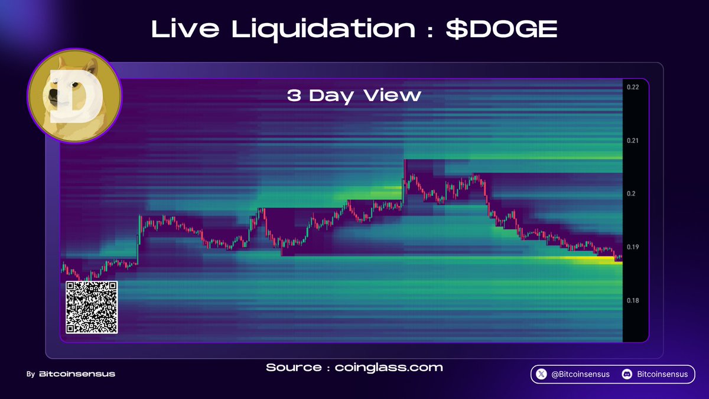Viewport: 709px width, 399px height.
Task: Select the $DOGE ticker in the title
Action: tap(502, 29)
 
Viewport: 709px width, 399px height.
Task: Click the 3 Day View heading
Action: tap(354, 95)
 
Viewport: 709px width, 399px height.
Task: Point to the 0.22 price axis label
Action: tap(632, 87)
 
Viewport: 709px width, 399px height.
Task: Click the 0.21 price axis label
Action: tap(632, 141)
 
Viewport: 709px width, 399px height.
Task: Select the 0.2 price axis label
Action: tap(630, 194)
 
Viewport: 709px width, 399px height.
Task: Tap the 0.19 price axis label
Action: tap(632, 247)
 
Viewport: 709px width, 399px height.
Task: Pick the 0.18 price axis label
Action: tap(632, 300)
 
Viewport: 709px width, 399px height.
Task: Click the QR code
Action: tap(92, 307)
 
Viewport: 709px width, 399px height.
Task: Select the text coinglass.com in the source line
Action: tap(388, 367)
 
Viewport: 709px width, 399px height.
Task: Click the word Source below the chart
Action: tap(294, 367)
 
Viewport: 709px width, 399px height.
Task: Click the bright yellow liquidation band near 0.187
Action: tap(591, 259)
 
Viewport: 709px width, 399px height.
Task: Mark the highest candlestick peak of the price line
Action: tap(405, 160)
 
